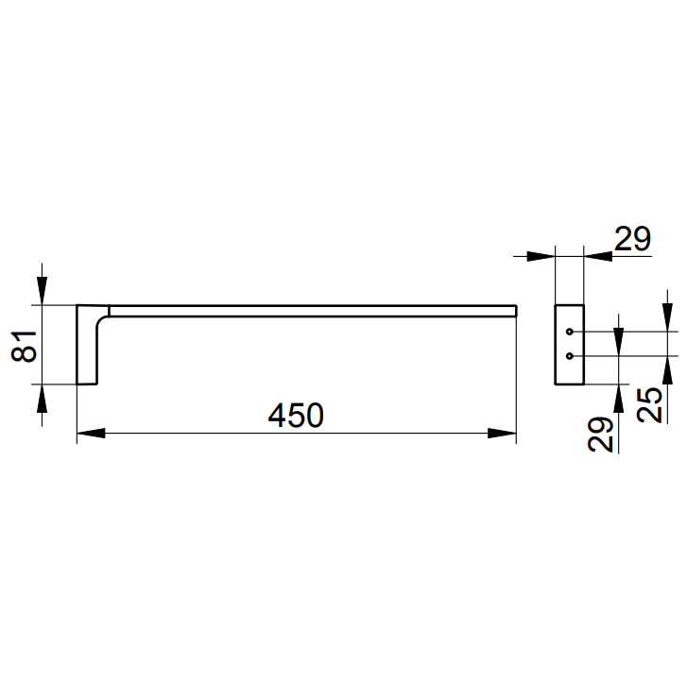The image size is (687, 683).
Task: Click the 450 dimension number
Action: click(296, 416)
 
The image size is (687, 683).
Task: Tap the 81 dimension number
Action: click(25, 346)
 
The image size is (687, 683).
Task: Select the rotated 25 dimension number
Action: click(649, 405)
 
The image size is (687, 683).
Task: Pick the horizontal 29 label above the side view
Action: click(633, 239)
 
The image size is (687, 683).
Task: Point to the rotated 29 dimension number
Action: click(600, 435)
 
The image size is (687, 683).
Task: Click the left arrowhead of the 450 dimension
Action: click(91, 434)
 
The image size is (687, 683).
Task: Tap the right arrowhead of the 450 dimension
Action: click(502, 434)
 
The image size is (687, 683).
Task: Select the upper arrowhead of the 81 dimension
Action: click(43, 291)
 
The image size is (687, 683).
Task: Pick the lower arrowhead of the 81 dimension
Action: click(43, 399)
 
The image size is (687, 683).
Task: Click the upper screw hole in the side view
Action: click(570, 332)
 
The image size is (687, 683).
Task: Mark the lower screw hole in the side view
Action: click(570, 356)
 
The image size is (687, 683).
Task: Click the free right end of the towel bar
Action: click(516, 311)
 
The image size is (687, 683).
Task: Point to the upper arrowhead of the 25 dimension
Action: click(667, 317)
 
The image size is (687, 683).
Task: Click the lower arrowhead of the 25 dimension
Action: click(667, 370)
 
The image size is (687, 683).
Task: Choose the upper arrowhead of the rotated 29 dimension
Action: click(618, 342)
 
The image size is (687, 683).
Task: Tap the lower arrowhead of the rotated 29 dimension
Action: click(618, 399)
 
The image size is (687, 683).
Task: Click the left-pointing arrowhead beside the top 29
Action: click(598, 256)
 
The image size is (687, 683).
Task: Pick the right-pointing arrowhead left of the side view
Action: click(541, 256)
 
